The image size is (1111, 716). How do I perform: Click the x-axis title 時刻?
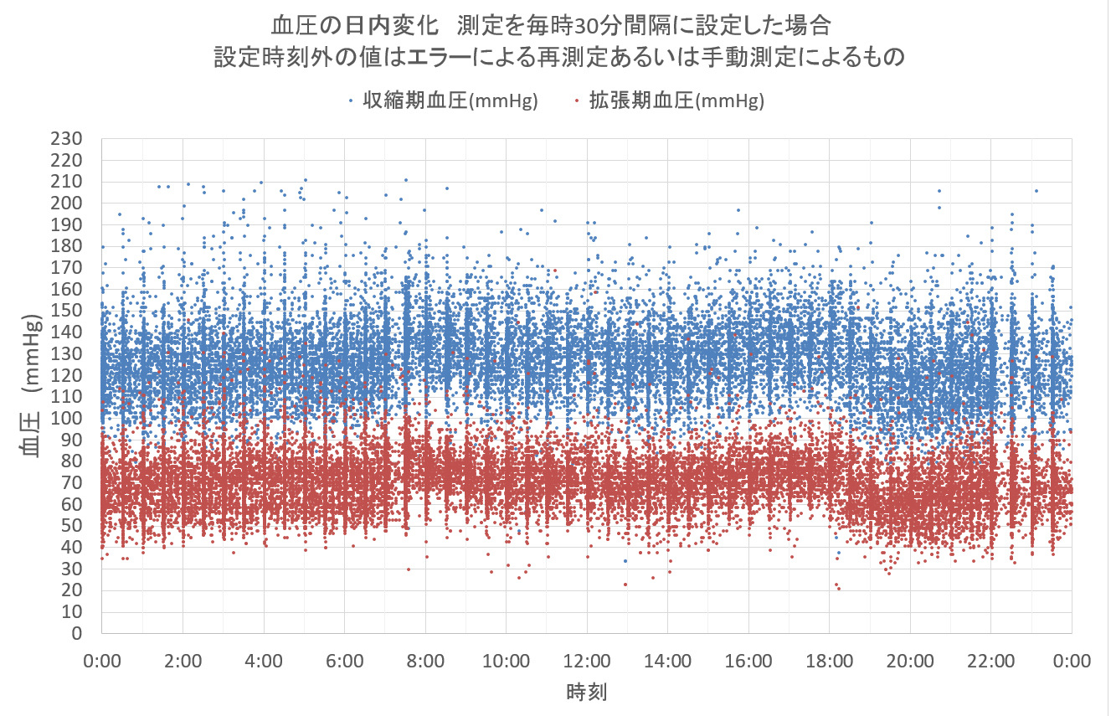(x=586, y=692)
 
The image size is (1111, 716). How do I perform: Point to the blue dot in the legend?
(x=350, y=101)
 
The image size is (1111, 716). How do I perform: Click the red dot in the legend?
(x=577, y=101)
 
